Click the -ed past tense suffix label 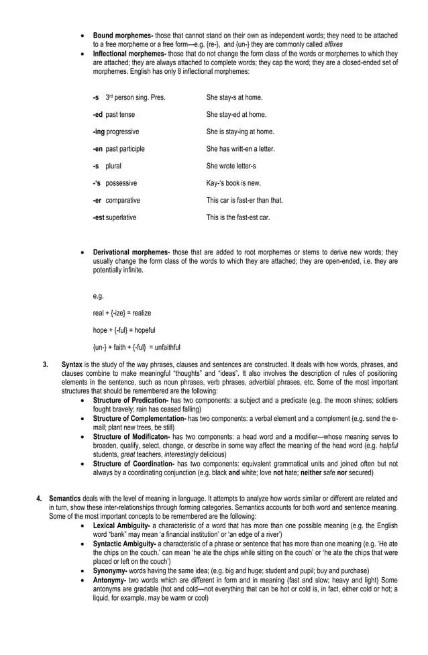point(113,115)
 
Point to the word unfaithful point(166,347)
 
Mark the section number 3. point(45,364)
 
